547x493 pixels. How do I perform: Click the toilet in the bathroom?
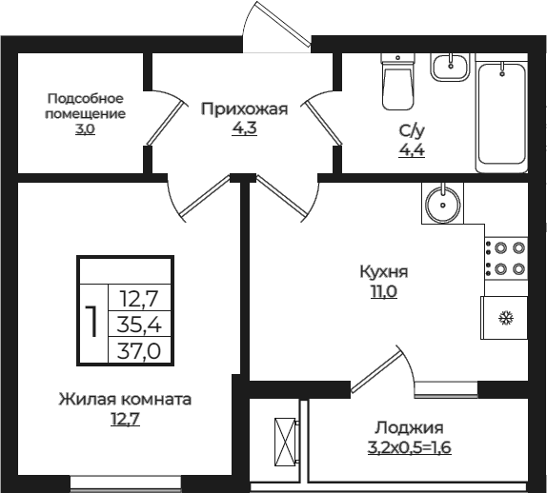[395, 80]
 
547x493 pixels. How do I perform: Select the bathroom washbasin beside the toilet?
[449, 66]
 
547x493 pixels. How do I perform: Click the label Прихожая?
[244, 108]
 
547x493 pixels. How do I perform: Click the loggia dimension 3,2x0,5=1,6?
[410, 446]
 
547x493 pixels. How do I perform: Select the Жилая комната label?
[125, 399]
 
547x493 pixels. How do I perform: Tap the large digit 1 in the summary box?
[92, 324]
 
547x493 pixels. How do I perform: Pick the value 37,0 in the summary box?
[139, 350]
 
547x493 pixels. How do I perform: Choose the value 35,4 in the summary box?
[139, 325]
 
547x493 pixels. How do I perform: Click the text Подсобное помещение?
[86, 106]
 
